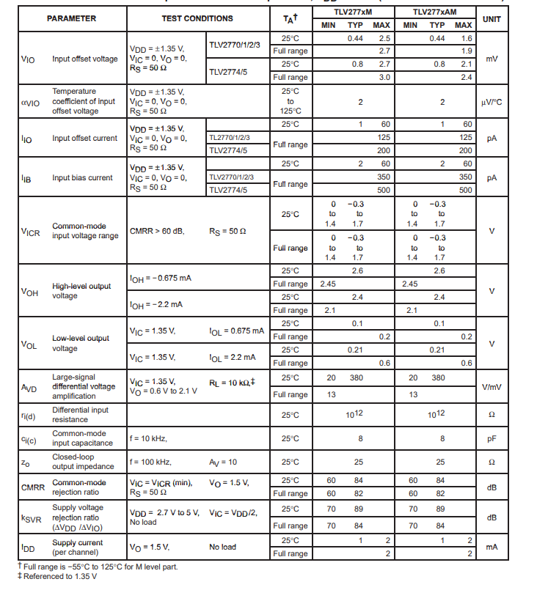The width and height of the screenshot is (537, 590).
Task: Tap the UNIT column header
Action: pos(492,18)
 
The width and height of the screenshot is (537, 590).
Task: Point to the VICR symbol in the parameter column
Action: pos(30,232)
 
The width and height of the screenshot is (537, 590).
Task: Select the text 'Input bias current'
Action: pos(82,177)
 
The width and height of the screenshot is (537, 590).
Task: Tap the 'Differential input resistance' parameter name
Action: pos(80,415)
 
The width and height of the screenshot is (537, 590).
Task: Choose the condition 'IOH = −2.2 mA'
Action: pos(156,304)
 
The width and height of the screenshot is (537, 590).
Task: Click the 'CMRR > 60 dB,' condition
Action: pos(157,231)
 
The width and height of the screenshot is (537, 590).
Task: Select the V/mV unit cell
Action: pos(492,386)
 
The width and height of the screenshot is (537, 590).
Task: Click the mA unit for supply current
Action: pos(492,547)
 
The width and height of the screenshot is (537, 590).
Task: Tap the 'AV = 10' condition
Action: pos(223,462)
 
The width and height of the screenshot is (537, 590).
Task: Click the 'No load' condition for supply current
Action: pos(222,547)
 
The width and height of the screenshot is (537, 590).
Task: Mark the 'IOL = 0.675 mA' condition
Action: pos(236,331)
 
